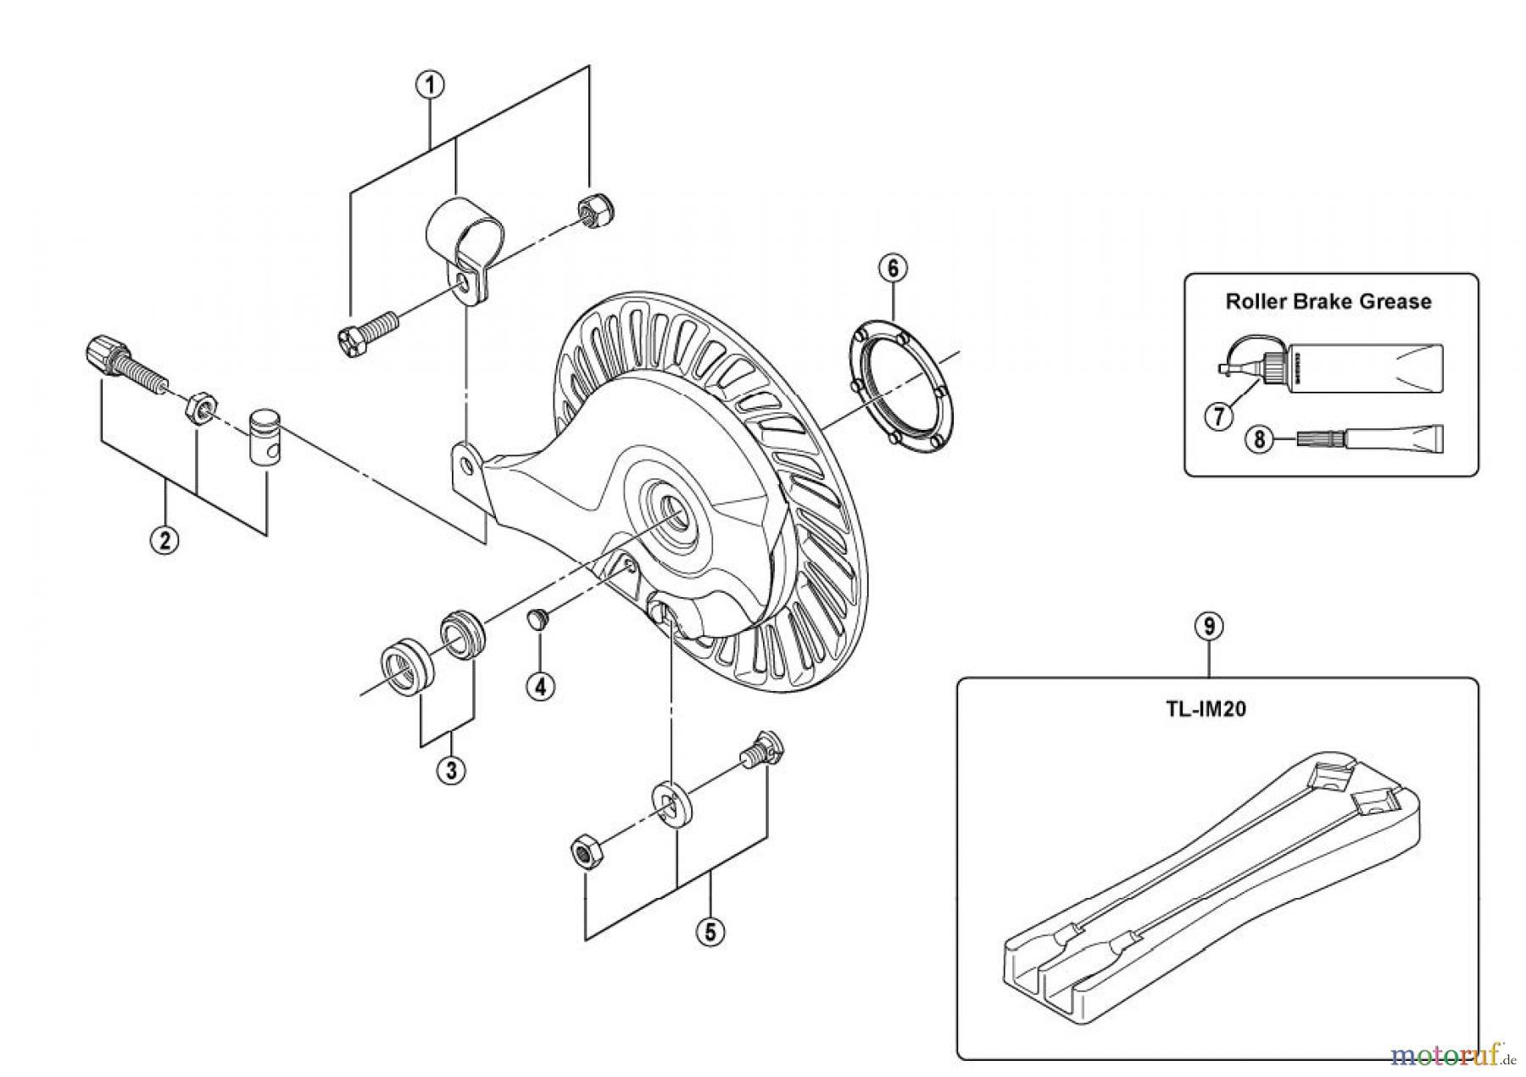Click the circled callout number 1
point(431,85)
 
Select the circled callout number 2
point(164,539)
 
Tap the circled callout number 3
point(451,770)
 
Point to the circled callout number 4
point(540,685)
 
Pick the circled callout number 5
point(710,932)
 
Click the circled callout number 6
point(892,269)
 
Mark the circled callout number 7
point(1218,416)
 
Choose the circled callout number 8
point(1259,440)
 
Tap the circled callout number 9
point(1209,627)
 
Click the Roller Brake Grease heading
point(1328,302)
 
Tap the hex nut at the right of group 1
point(588,207)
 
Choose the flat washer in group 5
point(674,806)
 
